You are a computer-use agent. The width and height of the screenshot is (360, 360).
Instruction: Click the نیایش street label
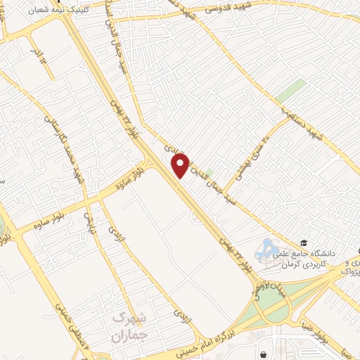[89, 222]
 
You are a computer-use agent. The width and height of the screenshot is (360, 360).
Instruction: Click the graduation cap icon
[303, 241]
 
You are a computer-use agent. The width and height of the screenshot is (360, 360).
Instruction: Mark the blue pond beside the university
[268, 247]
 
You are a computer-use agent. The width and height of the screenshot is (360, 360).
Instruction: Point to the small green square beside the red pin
[208, 153]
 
